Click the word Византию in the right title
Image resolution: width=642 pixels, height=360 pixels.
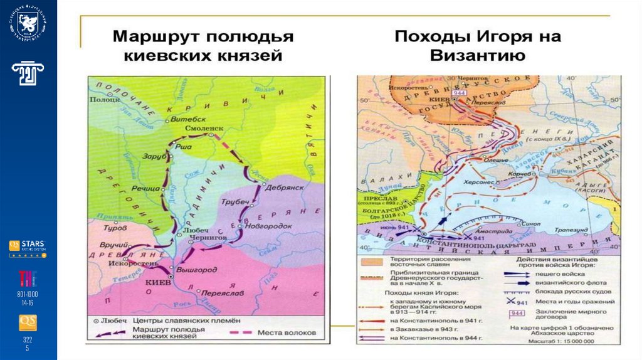coord(477,55)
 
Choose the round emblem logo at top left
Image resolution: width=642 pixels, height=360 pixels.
coord(28,25)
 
